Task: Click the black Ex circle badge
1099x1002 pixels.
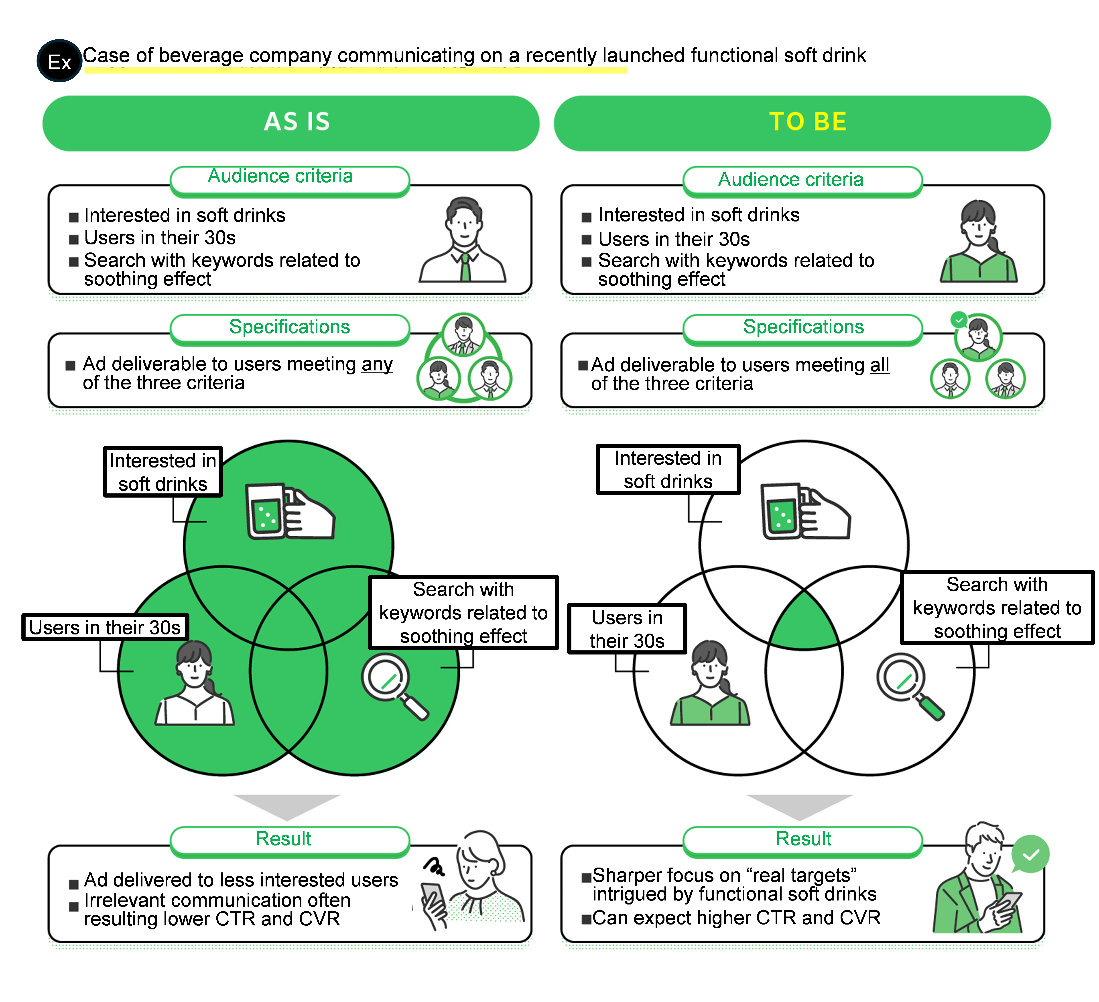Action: (59, 61)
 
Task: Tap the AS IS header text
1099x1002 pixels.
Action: (297, 122)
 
